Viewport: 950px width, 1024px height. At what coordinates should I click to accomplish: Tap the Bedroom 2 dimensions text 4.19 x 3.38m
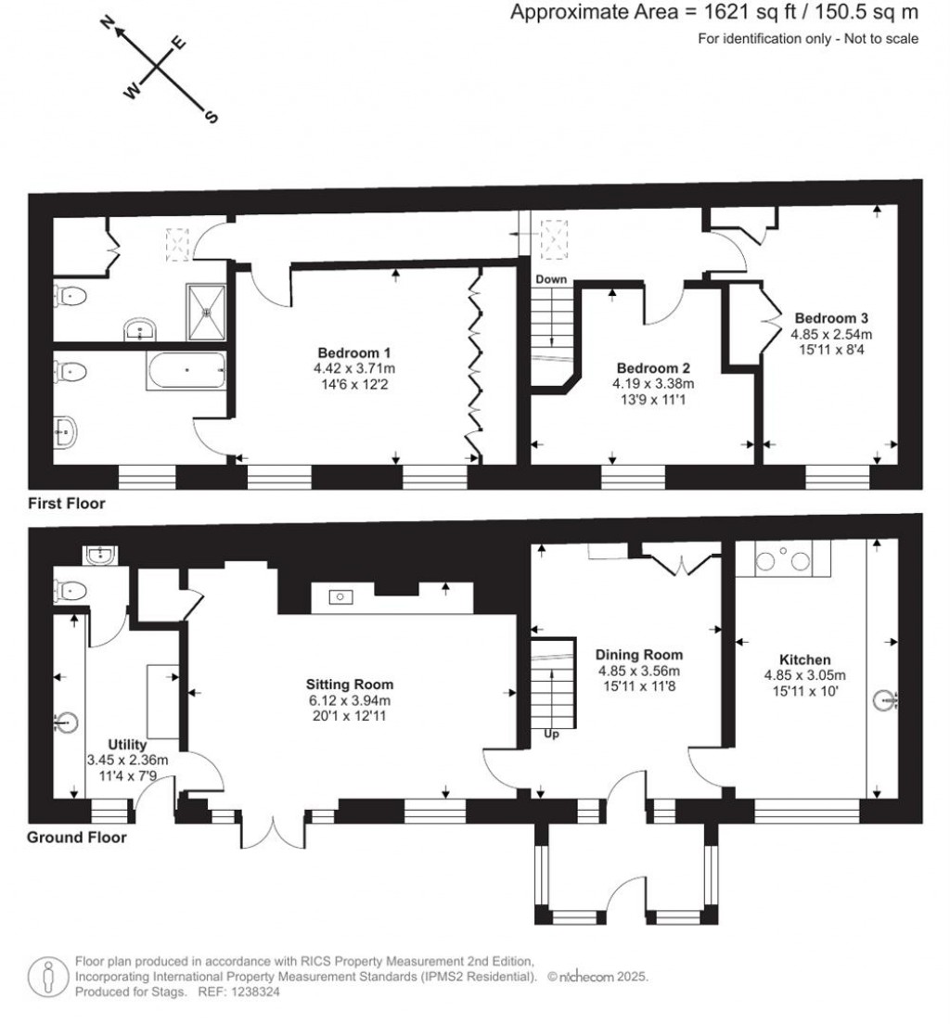653,383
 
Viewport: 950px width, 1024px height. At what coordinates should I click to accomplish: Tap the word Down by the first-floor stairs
550,278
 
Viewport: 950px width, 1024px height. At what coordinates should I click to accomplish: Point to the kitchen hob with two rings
784,560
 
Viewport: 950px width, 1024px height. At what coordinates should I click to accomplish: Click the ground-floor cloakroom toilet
72,589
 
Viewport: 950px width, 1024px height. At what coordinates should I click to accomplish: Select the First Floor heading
66,505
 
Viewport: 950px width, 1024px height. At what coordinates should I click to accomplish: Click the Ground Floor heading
76,838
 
